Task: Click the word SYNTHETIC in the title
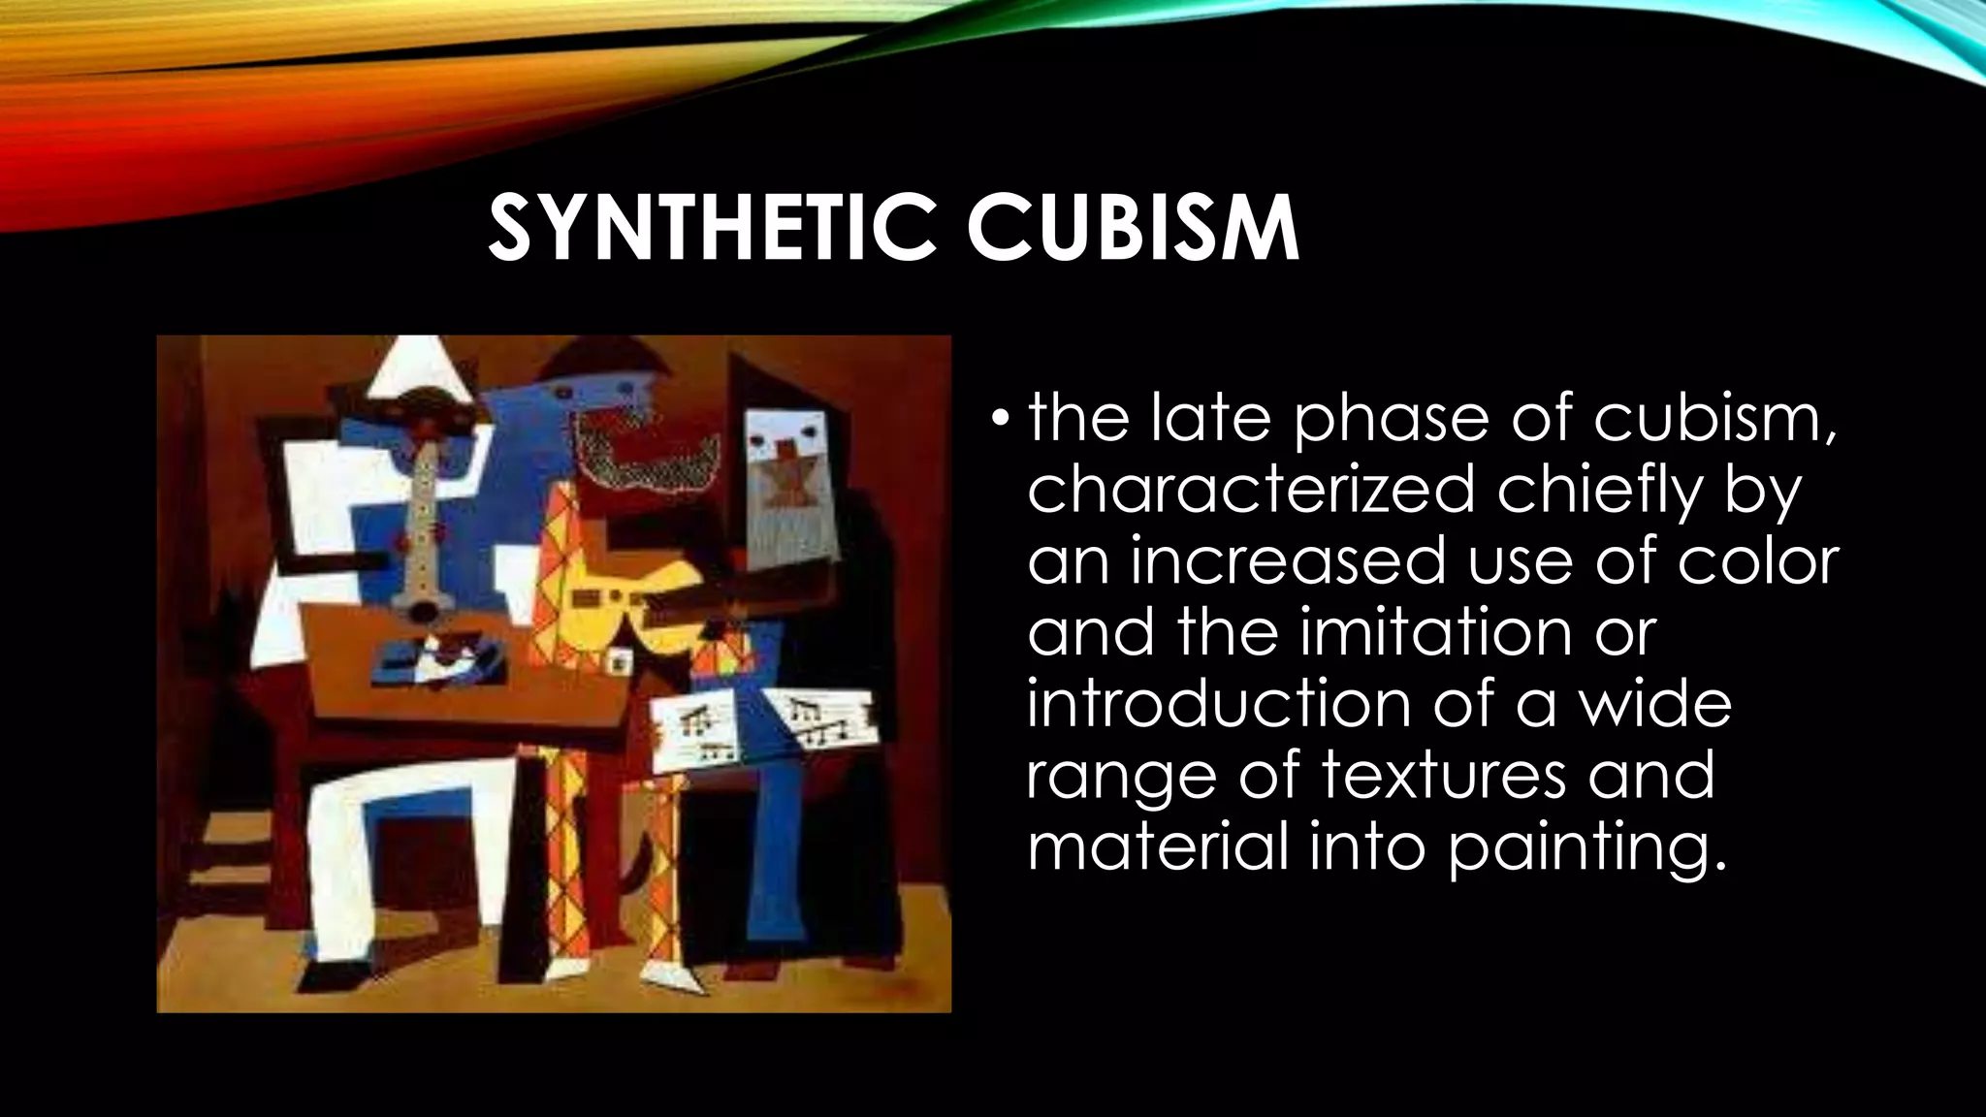point(714,230)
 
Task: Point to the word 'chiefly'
point(1600,491)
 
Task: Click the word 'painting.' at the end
point(1587,847)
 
